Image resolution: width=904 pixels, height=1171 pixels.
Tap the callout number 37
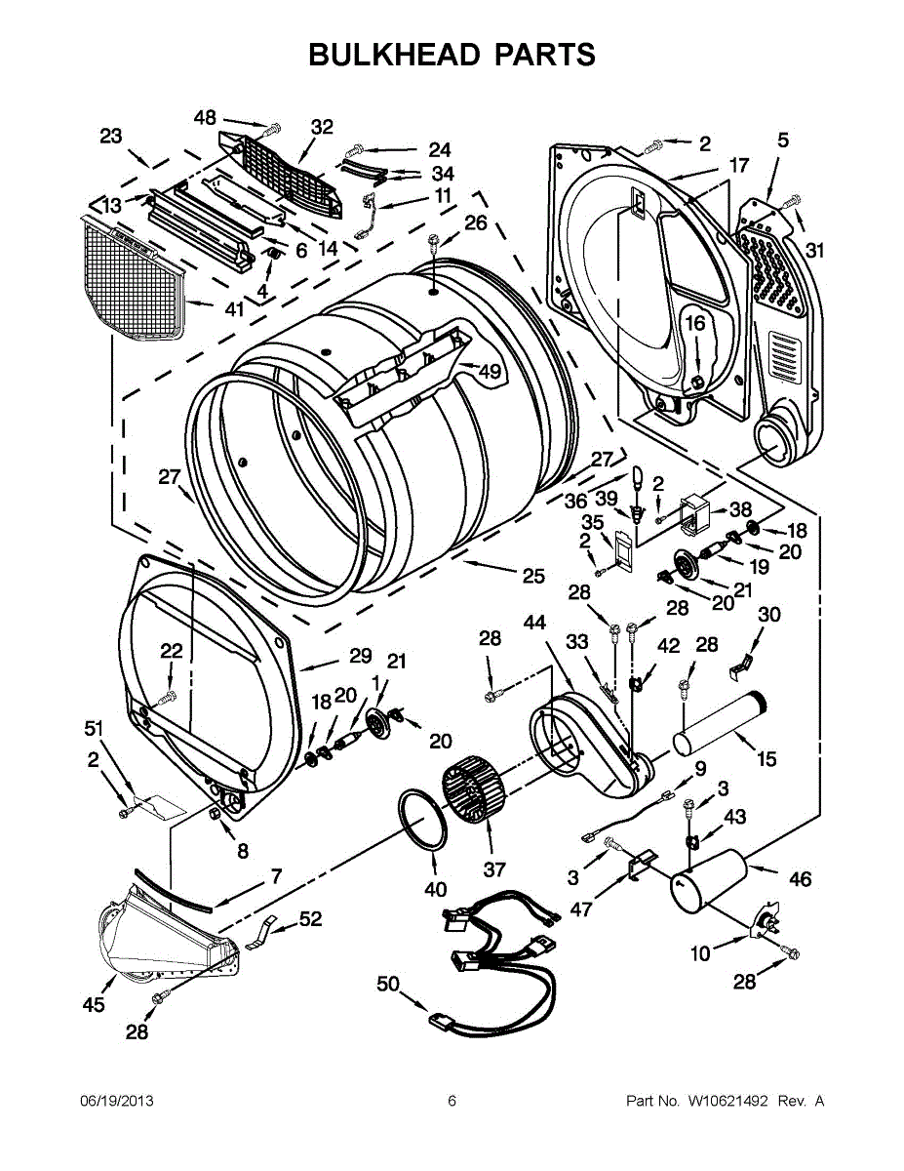click(494, 869)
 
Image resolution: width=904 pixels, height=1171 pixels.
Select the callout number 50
click(388, 985)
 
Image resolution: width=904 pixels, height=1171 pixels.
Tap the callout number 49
click(489, 371)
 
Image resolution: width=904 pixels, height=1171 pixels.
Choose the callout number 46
click(800, 879)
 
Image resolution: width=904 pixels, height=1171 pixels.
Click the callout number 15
click(766, 758)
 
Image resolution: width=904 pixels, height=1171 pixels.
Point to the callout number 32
click(322, 127)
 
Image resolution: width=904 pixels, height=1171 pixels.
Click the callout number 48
click(205, 117)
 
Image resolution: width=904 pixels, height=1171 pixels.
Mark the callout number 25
click(532, 576)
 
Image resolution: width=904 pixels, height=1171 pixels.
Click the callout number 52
click(310, 918)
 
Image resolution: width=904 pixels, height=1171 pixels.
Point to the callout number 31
click(815, 250)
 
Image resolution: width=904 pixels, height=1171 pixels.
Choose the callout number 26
click(475, 222)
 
